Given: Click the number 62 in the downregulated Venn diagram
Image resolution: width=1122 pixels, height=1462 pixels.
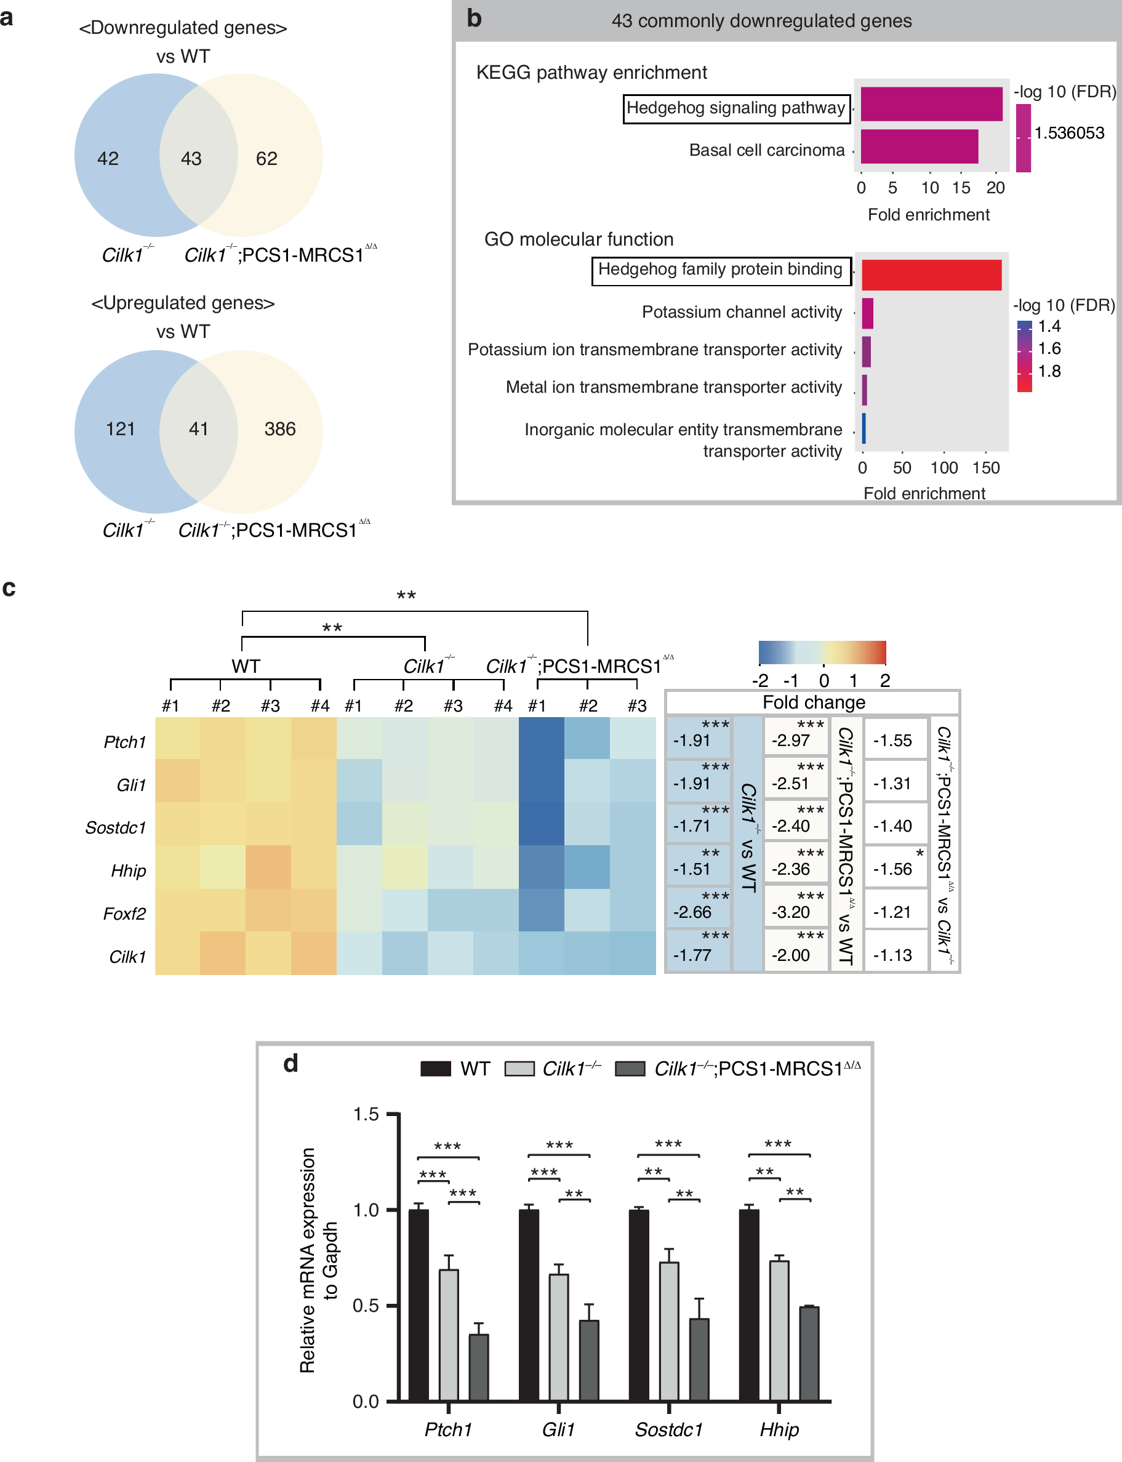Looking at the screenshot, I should pyautogui.click(x=266, y=158).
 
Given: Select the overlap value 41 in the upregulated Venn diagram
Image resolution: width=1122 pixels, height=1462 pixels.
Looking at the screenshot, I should pyautogui.click(x=198, y=429).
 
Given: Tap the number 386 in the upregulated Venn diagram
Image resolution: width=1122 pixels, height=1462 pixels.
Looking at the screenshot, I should pyautogui.click(x=280, y=429).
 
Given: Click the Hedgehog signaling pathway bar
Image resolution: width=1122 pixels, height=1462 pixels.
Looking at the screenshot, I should pyautogui.click(x=931, y=104).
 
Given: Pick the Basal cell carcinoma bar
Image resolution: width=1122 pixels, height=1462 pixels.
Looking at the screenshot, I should pyautogui.click(x=919, y=147).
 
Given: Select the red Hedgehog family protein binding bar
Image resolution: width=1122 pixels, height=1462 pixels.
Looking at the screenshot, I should pyautogui.click(x=931, y=275).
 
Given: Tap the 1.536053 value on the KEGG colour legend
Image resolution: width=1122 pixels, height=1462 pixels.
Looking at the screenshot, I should pyautogui.click(x=1069, y=133).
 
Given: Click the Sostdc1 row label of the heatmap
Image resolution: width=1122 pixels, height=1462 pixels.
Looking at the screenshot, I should pyautogui.click(x=116, y=827).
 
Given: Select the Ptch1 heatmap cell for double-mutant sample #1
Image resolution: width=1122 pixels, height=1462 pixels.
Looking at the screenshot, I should pyautogui.click(x=541, y=738).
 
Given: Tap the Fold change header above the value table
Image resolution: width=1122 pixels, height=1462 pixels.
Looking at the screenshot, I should pyautogui.click(x=814, y=702).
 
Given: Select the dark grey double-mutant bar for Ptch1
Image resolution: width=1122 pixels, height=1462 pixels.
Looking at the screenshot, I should pyautogui.click(x=479, y=1367).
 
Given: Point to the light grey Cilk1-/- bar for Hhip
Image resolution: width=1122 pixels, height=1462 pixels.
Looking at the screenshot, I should pyautogui.click(x=779, y=1330).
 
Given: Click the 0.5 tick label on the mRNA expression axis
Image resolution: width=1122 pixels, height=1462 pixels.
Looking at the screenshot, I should pyautogui.click(x=366, y=1306).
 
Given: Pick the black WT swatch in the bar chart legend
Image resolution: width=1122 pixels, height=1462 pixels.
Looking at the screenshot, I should pyautogui.click(x=435, y=1069).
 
